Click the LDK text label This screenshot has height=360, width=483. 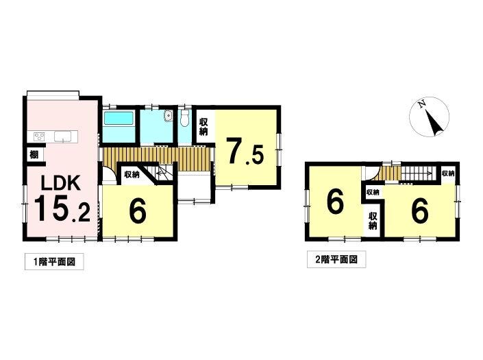coord(61,182)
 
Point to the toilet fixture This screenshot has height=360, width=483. coord(185,118)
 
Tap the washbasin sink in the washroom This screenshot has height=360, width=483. coord(168,116)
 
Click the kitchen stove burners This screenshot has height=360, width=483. coord(39,136)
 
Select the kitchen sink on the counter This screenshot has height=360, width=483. coord(63,136)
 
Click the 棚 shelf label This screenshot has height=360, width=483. coord(34,154)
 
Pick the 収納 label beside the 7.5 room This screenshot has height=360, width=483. coord(203,127)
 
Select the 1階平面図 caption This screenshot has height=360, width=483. coord(54,262)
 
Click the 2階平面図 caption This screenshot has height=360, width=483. coord(336,260)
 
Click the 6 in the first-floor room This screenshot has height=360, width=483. coord(138,212)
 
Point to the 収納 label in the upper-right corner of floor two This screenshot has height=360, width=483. coord(448,173)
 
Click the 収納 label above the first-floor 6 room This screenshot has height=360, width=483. coord(132,175)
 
